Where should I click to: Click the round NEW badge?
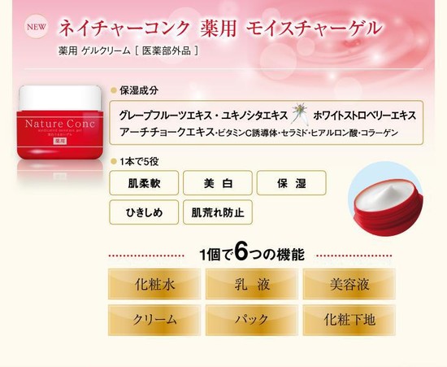(x=37, y=27)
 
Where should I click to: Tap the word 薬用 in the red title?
(x=219, y=28)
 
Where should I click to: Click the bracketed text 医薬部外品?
(x=167, y=50)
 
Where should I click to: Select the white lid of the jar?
(x=60, y=98)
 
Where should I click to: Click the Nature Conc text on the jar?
(x=60, y=124)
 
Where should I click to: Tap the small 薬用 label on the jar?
(x=59, y=141)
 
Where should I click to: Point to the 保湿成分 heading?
(x=139, y=90)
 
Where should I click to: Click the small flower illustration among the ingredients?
(x=300, y=114)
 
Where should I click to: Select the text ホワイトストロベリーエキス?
(x=365, y=116)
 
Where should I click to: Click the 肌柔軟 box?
(x=144, y=183)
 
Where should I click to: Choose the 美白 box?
(x=218, y=183)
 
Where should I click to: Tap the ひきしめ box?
(x=144, y=212)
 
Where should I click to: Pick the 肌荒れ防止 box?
(x=218, y=212)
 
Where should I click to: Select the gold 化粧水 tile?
(x=154, y=284)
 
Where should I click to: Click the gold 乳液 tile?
(x=252, y=284)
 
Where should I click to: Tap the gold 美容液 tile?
(x=349, y=284)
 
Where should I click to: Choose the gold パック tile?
(x=252, y=320)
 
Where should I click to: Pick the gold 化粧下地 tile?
(x=349, y=320)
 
